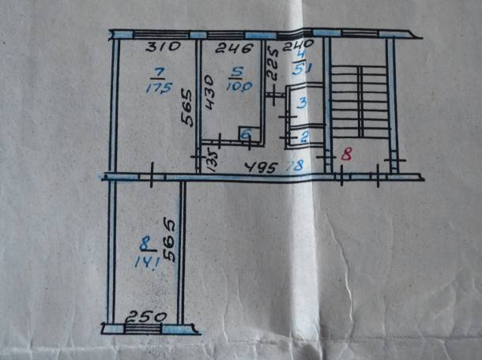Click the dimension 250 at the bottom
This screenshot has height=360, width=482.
(x=147, y=317)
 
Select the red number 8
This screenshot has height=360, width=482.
(x=346, y=155)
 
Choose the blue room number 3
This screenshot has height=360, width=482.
(x=302, y=102)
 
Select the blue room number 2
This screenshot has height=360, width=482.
(x=304, y=136)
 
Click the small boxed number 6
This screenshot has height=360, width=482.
(x=246, y=136)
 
